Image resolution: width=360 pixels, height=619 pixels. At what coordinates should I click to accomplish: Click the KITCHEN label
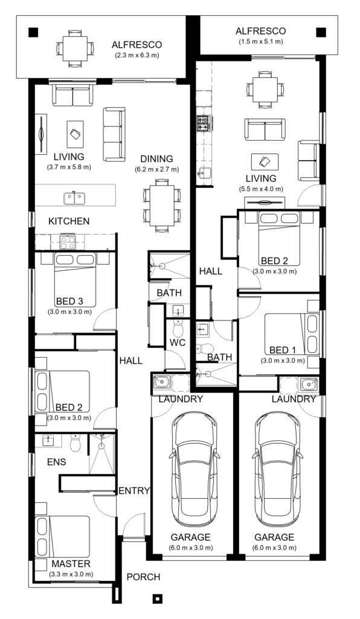coord(69,221)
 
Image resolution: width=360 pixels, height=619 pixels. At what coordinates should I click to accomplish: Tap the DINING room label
coord(157,159)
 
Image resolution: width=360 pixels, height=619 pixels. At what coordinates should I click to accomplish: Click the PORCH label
coord(142,577)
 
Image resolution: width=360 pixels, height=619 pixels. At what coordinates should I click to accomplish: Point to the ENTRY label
coord(133,490)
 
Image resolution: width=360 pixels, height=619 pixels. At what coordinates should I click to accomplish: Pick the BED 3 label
coord(69,301)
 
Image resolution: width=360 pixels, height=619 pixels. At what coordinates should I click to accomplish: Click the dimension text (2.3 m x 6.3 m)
coord(137,56)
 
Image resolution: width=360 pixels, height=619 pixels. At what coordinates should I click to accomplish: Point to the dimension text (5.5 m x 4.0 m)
coord(260,189)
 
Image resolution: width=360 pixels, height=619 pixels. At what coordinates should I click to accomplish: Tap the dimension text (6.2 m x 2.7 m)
coord(157,169)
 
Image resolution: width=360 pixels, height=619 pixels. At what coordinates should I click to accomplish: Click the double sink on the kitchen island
coord(76,196)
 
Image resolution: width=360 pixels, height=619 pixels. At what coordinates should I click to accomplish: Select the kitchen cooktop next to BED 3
coord(67,242)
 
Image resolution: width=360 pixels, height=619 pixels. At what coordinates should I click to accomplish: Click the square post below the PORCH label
coord(157,599)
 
